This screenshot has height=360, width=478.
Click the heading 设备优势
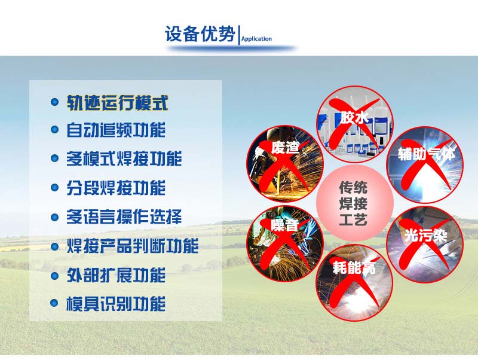coord(200,34)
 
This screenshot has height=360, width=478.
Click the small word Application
coord(256,39)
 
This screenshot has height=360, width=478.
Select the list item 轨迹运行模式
coord(117,103)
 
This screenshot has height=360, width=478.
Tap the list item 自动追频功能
coord(116,130)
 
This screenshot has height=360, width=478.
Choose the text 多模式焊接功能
coord(124,159)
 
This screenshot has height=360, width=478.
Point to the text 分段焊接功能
coord(116,188)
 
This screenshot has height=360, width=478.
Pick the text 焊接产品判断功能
coord(133,246)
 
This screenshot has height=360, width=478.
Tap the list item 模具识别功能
coord(116,304)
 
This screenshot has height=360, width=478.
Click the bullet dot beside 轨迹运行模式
coord(54,103)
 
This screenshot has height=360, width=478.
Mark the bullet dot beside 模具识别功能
coord(54,304)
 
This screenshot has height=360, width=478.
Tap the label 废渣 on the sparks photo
coord(284,147)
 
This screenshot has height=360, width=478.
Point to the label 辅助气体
coord(427,154)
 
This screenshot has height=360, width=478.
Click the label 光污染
coord(425,235)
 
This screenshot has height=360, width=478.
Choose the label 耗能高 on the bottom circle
coord(354,268)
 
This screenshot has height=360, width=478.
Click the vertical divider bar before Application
coord(239,35)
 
